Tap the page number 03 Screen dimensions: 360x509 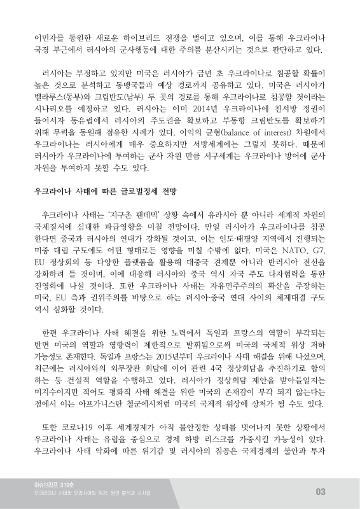coord(320,491)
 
